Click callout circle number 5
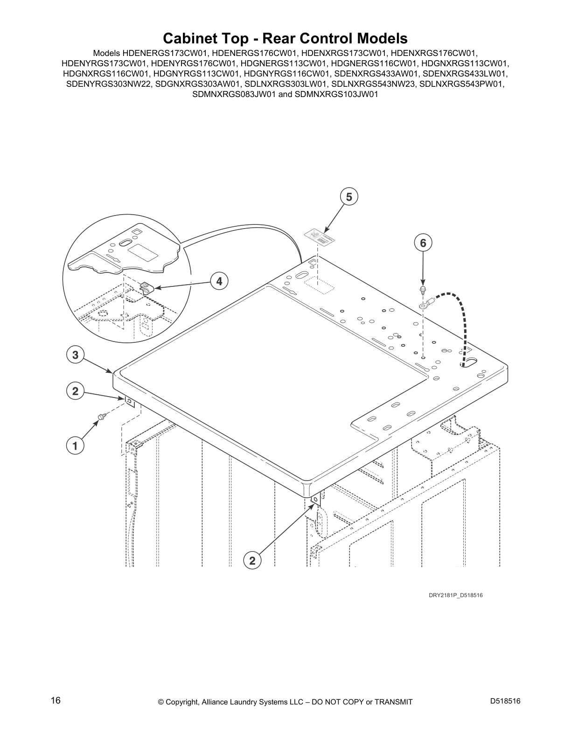349,197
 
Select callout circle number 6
423,243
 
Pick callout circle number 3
75,355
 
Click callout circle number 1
75,446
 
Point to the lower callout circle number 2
252,560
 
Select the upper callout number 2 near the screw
75,391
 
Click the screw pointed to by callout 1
101,416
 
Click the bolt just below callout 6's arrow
423,290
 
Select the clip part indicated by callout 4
147,286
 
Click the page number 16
56,701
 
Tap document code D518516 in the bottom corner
505,701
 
